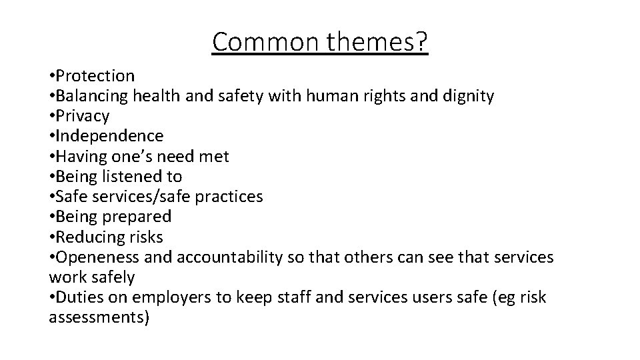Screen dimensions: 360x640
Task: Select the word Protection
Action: coord(96,76)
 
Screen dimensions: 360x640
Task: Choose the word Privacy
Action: coord(83,116)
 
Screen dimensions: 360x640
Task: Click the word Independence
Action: coord(111,136)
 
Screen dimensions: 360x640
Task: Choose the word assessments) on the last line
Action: coord(99,317)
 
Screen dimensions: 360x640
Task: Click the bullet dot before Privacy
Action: coord(52,116)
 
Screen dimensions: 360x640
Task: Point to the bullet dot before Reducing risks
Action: coord(52,237)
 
